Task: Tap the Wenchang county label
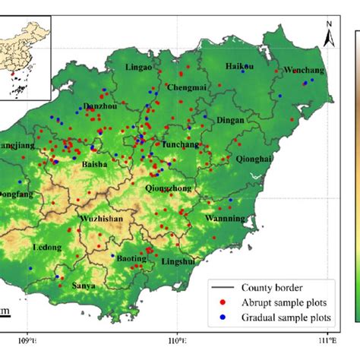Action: point(304,71)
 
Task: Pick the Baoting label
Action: point(132,259)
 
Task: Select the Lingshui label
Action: point(178,261)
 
